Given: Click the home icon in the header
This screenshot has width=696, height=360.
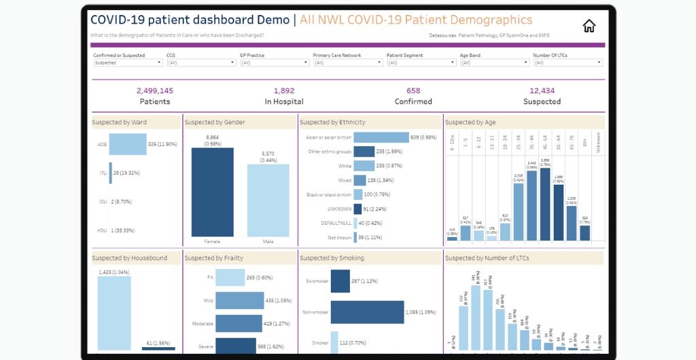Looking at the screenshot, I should pos(589,26).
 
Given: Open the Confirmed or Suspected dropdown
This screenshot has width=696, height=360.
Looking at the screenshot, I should pos(128,62).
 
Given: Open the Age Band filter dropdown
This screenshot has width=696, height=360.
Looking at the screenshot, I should pos(495,62).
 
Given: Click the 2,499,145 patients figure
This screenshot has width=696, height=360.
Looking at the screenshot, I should pos(154,91).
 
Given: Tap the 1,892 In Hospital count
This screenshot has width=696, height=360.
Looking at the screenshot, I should pos(284,91).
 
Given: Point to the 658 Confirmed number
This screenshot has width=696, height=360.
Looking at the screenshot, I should pos(413,91).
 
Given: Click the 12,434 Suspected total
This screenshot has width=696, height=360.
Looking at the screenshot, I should pos(542,91).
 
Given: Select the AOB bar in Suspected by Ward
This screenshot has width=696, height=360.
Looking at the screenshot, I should pos(128,144).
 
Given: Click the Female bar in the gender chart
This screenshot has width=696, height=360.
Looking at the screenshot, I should pos(212,192).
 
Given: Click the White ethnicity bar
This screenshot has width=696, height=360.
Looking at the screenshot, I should pos(364,166).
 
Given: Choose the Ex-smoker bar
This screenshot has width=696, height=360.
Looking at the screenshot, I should pos(341,281).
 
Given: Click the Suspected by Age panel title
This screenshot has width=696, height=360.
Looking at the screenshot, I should pos(470,122).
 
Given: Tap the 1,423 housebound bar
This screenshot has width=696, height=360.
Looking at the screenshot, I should pos(114,313).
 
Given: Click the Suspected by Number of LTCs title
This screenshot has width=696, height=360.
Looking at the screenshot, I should pos(486,258).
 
